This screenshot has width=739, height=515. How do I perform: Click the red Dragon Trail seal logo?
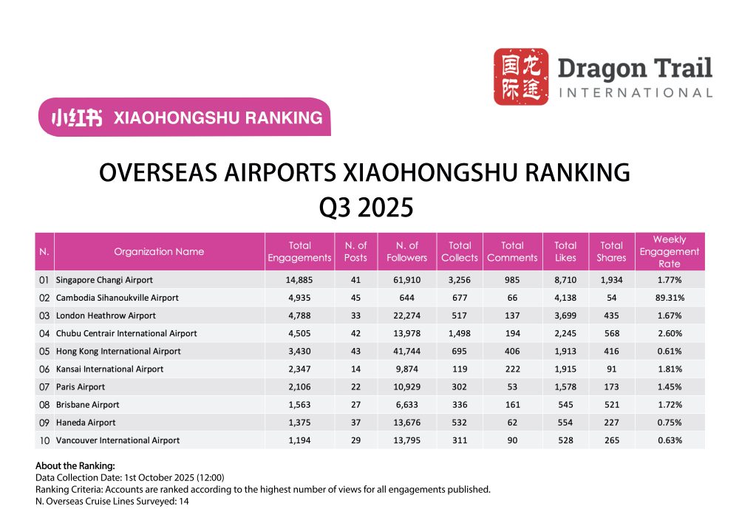click(521, 76)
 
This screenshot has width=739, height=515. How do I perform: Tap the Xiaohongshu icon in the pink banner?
click(77, 117)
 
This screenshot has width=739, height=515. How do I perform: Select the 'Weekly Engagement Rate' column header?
click(669, 251)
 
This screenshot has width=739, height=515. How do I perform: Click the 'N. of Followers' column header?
click(406, 251)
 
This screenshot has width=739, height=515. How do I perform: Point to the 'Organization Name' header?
click(159, 251)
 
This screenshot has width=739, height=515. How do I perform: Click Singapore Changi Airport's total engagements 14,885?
click(299, 281)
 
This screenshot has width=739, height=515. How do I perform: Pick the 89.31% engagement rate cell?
click(669, 298)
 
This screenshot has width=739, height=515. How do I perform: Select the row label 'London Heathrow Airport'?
click(106, 316)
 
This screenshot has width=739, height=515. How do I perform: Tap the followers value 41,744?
click(406, 351)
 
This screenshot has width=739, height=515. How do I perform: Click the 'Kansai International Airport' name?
click(110, 369)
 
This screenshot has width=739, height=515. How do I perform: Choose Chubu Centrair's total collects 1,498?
click(460, 333)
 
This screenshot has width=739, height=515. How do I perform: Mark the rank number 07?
click(44, 386)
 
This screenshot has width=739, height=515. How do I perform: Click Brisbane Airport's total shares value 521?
click(611, 405)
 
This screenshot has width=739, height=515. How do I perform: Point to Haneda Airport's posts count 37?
click(356, 423)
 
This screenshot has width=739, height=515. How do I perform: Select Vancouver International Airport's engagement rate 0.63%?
click(669, 440)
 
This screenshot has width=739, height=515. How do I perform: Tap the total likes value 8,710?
click(565, 281)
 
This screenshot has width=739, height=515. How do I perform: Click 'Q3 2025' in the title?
click(365, 208)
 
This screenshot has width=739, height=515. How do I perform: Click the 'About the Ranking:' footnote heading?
click(75, 466)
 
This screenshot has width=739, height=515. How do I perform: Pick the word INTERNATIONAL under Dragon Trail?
click(636, 93)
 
